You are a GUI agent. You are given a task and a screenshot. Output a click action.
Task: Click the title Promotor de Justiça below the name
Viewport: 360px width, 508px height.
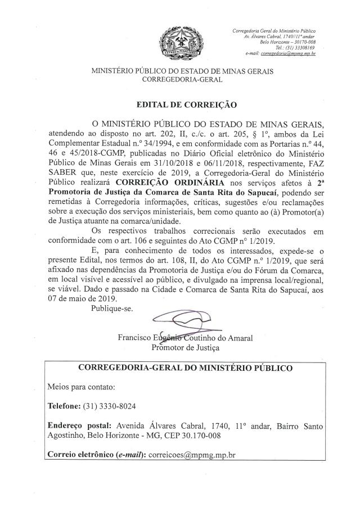pos(186,347)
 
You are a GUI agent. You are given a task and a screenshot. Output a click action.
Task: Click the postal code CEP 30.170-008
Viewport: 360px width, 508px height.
pos(192,435)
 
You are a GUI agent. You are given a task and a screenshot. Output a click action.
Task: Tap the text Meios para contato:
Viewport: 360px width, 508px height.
pos(82,387)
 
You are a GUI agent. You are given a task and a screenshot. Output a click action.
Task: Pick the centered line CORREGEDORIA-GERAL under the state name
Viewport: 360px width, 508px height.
pos(182,80)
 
